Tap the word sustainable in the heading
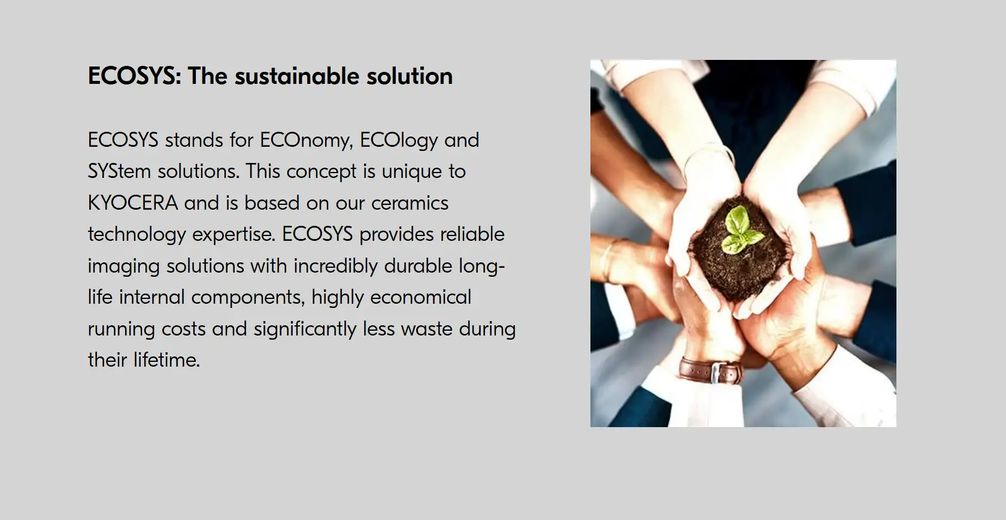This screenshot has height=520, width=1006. pos(297,75)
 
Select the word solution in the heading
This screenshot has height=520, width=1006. pos(410,75)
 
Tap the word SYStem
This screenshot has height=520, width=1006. pos(119,172)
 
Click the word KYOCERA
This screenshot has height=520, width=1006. pos(133,203)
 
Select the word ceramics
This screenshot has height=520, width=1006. pos(410,203)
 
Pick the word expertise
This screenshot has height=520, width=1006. pos(234,235)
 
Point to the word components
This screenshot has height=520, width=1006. pos(248,298)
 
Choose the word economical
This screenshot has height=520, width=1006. pos(420,297)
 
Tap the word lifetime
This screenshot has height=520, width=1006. pos(166,360)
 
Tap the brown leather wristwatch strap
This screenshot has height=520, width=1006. pos(710,370)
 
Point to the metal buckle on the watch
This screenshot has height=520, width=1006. pos(719,373)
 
